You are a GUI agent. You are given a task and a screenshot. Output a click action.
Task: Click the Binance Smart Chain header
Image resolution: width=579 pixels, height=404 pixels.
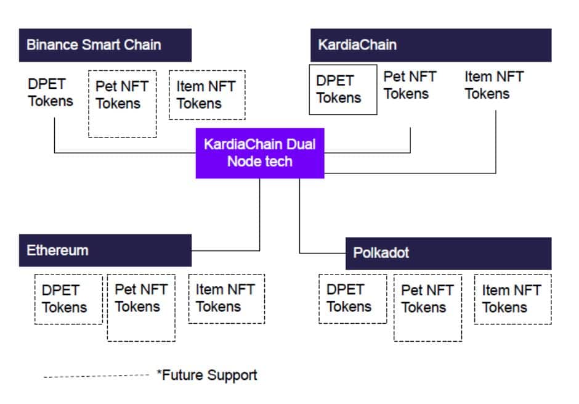(x=105, y=45)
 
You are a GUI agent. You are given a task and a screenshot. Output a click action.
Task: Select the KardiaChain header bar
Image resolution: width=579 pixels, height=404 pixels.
(x=430, y=45)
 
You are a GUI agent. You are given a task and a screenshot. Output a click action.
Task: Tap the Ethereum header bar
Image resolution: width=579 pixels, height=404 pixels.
(x=105, y=250)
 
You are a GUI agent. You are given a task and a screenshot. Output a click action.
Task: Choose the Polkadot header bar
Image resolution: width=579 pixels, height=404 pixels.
(x=448, y=254)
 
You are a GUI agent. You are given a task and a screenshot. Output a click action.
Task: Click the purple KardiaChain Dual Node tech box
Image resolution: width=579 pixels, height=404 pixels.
(x=259, y=153)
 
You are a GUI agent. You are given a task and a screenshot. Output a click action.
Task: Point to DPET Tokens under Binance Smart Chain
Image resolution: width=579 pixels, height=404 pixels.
(x=51, y=93)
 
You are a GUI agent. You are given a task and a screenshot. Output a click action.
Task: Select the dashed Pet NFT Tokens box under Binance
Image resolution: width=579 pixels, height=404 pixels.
(x=122, y=103)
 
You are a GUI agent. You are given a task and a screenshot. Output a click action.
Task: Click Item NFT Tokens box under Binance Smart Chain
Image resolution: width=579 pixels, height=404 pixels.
(x=206, y=94)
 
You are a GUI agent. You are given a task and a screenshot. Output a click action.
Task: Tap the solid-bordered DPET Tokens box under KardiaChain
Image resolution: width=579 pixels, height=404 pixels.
(x=342, y=89)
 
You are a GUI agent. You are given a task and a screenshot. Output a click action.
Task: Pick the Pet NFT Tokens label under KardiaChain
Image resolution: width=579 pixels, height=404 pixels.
(x=410, y=85)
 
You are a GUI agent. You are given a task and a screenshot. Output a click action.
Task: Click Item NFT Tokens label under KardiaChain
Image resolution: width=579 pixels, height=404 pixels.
(x=493, y=85)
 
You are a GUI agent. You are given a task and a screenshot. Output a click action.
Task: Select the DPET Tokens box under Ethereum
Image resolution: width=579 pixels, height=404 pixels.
(x=68, y=299)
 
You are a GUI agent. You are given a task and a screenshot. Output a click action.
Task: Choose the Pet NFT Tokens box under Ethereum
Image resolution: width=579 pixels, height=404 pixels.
(x=141, y=307)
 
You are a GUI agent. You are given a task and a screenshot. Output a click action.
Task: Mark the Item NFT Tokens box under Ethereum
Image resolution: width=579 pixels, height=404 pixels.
(x=226, y=299)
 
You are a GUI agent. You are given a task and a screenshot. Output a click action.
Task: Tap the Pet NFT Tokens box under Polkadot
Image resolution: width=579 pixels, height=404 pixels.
(x=427, y=307)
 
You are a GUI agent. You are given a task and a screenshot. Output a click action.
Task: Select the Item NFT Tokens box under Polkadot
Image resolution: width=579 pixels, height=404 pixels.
(x=512, y=299)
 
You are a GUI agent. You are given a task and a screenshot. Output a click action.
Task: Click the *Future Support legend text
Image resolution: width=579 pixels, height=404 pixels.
(x=207, y=375)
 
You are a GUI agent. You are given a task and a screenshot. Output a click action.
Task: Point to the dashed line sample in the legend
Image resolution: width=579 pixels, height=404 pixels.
(x=96, y=376)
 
